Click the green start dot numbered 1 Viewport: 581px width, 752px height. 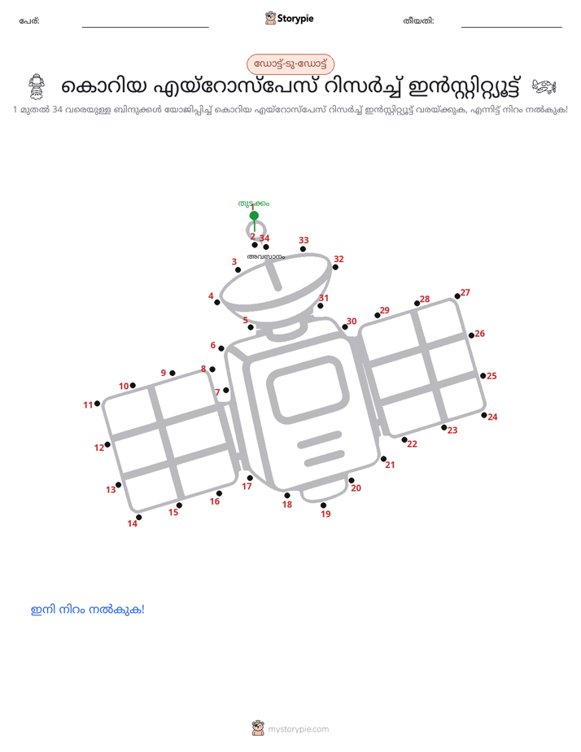pos(254,216)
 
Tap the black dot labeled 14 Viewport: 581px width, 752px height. pos(138,517)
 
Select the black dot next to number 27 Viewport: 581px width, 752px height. pos(457,296)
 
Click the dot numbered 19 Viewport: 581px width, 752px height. pos(324,505)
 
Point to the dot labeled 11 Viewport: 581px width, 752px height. pos(98,404)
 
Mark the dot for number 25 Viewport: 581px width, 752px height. pos(483,375)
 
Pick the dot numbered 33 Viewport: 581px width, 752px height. pos(303,249)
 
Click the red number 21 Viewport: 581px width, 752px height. pos(391,465)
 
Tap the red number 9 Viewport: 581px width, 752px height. pos(164,373)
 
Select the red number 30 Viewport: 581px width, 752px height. pos(352,321)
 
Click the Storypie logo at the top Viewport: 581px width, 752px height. pos(289,18)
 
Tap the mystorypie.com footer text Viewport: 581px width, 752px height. pos(298,729)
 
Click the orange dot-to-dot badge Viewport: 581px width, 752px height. pos(290,64)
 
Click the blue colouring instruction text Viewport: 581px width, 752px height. pos(88,610)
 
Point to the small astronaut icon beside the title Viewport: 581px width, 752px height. pos(37,86)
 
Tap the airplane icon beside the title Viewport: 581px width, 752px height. pos(544,87)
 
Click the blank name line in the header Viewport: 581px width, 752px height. pos(145,28)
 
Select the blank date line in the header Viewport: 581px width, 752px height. pos(512,28)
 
